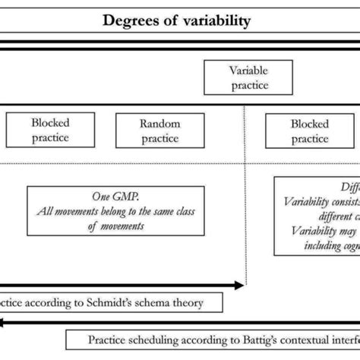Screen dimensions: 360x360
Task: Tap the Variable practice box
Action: pos(248,78)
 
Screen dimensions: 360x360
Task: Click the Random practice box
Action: pos(159,131)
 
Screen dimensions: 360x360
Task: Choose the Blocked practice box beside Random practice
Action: pos(50,131)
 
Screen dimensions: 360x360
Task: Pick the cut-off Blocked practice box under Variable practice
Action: pos(310,131)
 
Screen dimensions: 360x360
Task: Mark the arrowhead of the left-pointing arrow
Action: pos(4,323)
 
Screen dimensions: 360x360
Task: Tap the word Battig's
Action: pos(245,340)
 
